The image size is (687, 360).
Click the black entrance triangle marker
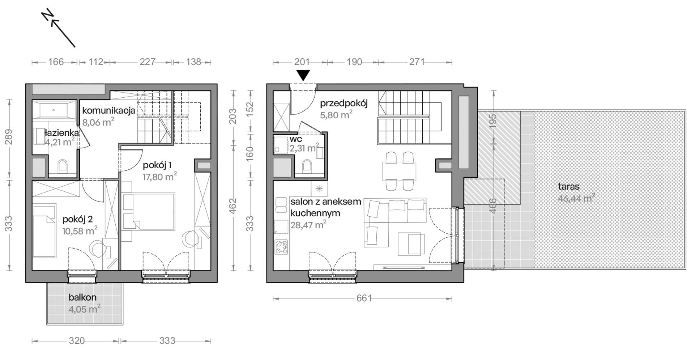pyautogui.click(x=303, y=75)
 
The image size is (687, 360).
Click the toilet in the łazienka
pyautogui.click(x=63, y=166)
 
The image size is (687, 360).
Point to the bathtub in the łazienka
pyautogui.click(x=54, y=110)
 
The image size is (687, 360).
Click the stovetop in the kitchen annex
pyautogui.click(x=281, y=247)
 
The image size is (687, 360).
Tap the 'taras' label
pyautogui.click(x=569, y=187)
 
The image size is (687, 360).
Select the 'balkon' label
pyautogui.click(x=82, y=297)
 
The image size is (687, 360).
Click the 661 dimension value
pyautogui.click(x=364, y=298)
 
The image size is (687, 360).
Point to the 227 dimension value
pyautogui.click(x=148, y=62)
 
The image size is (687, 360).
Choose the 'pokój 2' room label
pyautogui.click(x=78, y=219)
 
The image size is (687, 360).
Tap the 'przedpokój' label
pyautogui.click(x=344, y=104)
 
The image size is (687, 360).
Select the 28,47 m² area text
pyautogui.click(x=308, y=225)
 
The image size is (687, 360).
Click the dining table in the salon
pyautogui.click(x=399, y=171)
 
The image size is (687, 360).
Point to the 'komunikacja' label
pyautogui.click(x=108, y=110)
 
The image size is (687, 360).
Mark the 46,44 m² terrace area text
pyautogui.click(x=576, y=198)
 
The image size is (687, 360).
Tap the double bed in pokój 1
pyautogui.click(x=149, y=212)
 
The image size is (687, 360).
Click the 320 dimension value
pyautogui.click(x=77, y=340)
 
